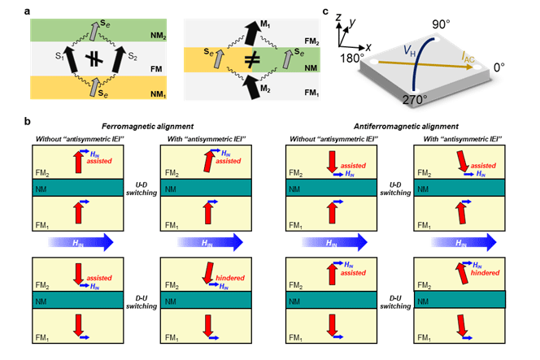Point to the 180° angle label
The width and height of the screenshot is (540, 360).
[x=346, y=59]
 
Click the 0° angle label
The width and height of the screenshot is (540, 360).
[x=512, y=69]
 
